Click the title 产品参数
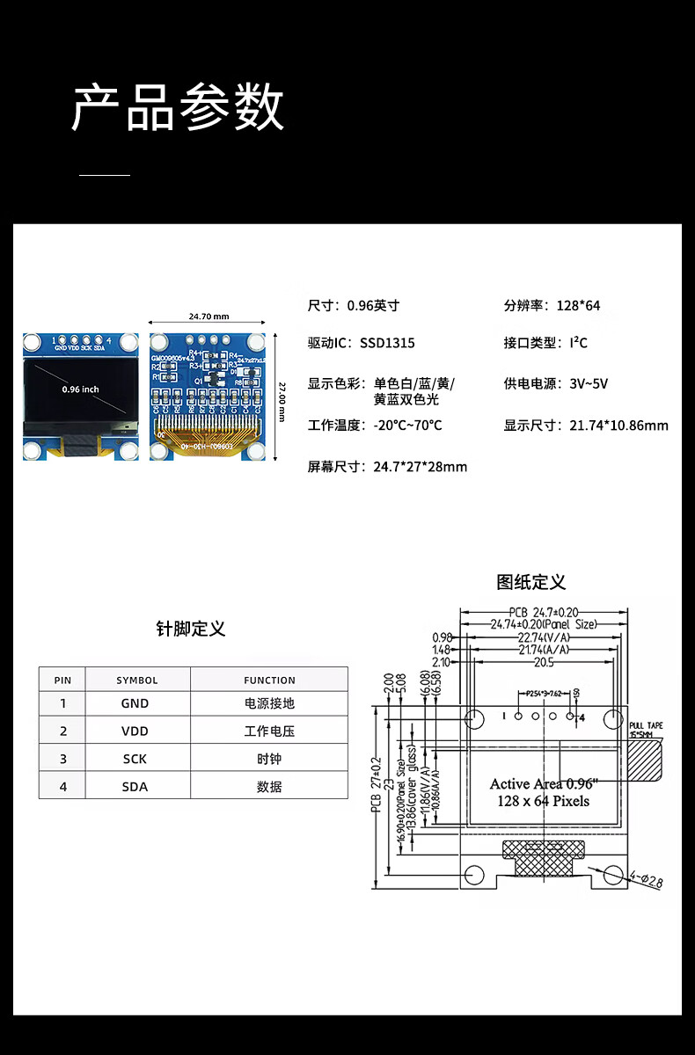coord(178,108)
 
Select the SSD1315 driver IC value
coord(387,343)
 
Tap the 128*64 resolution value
coord(578,306)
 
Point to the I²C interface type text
coord(578,343)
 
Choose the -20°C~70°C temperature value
coord(407,426)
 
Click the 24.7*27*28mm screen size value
coord(420,467)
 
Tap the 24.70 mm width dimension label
coord(208,316)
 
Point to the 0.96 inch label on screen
coord(81,389)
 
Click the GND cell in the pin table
coord(135,703)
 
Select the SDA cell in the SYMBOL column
coord(135,787)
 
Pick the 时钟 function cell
coord(269,759)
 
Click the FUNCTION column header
coord(269,680)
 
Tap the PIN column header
coord(62,680)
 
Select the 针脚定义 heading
coord(191,629)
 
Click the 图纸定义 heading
coord(531,582)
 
